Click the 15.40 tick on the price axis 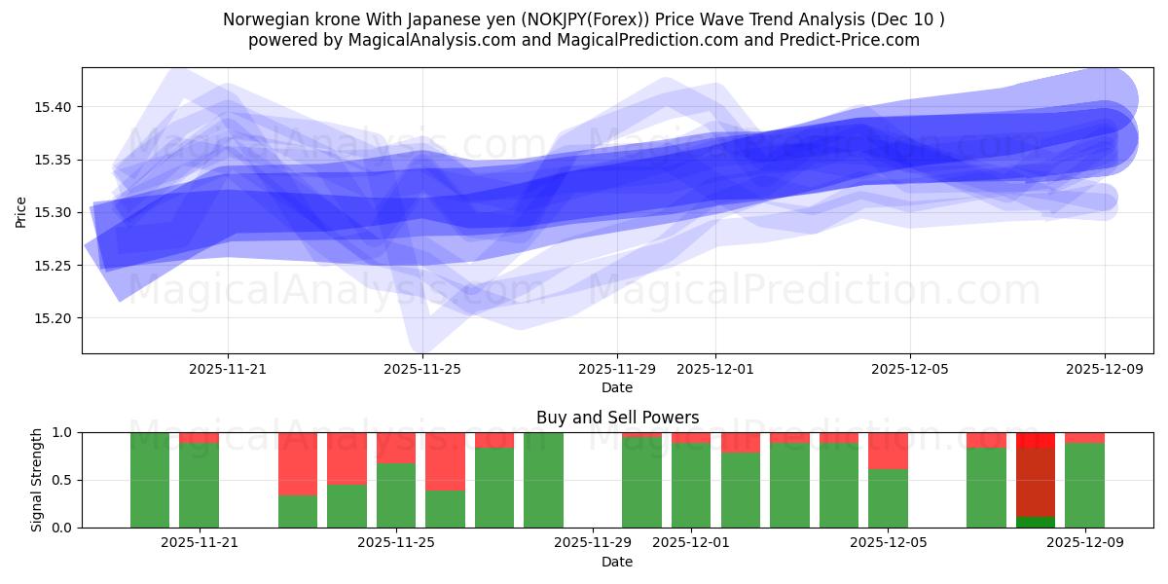(56, 107)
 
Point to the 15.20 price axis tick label (56, 318)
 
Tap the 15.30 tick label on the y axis (56, 212)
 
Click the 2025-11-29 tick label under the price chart (617, 370)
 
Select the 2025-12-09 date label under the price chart (1104, 370)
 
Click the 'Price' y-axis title (21, 211)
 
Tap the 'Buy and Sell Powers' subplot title (617, 418)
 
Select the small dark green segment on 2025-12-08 (1036, 522)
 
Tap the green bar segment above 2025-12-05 (888, 498)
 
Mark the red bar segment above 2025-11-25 (396, 448)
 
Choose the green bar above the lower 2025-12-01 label (691, 485)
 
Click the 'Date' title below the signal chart (617, 562)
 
